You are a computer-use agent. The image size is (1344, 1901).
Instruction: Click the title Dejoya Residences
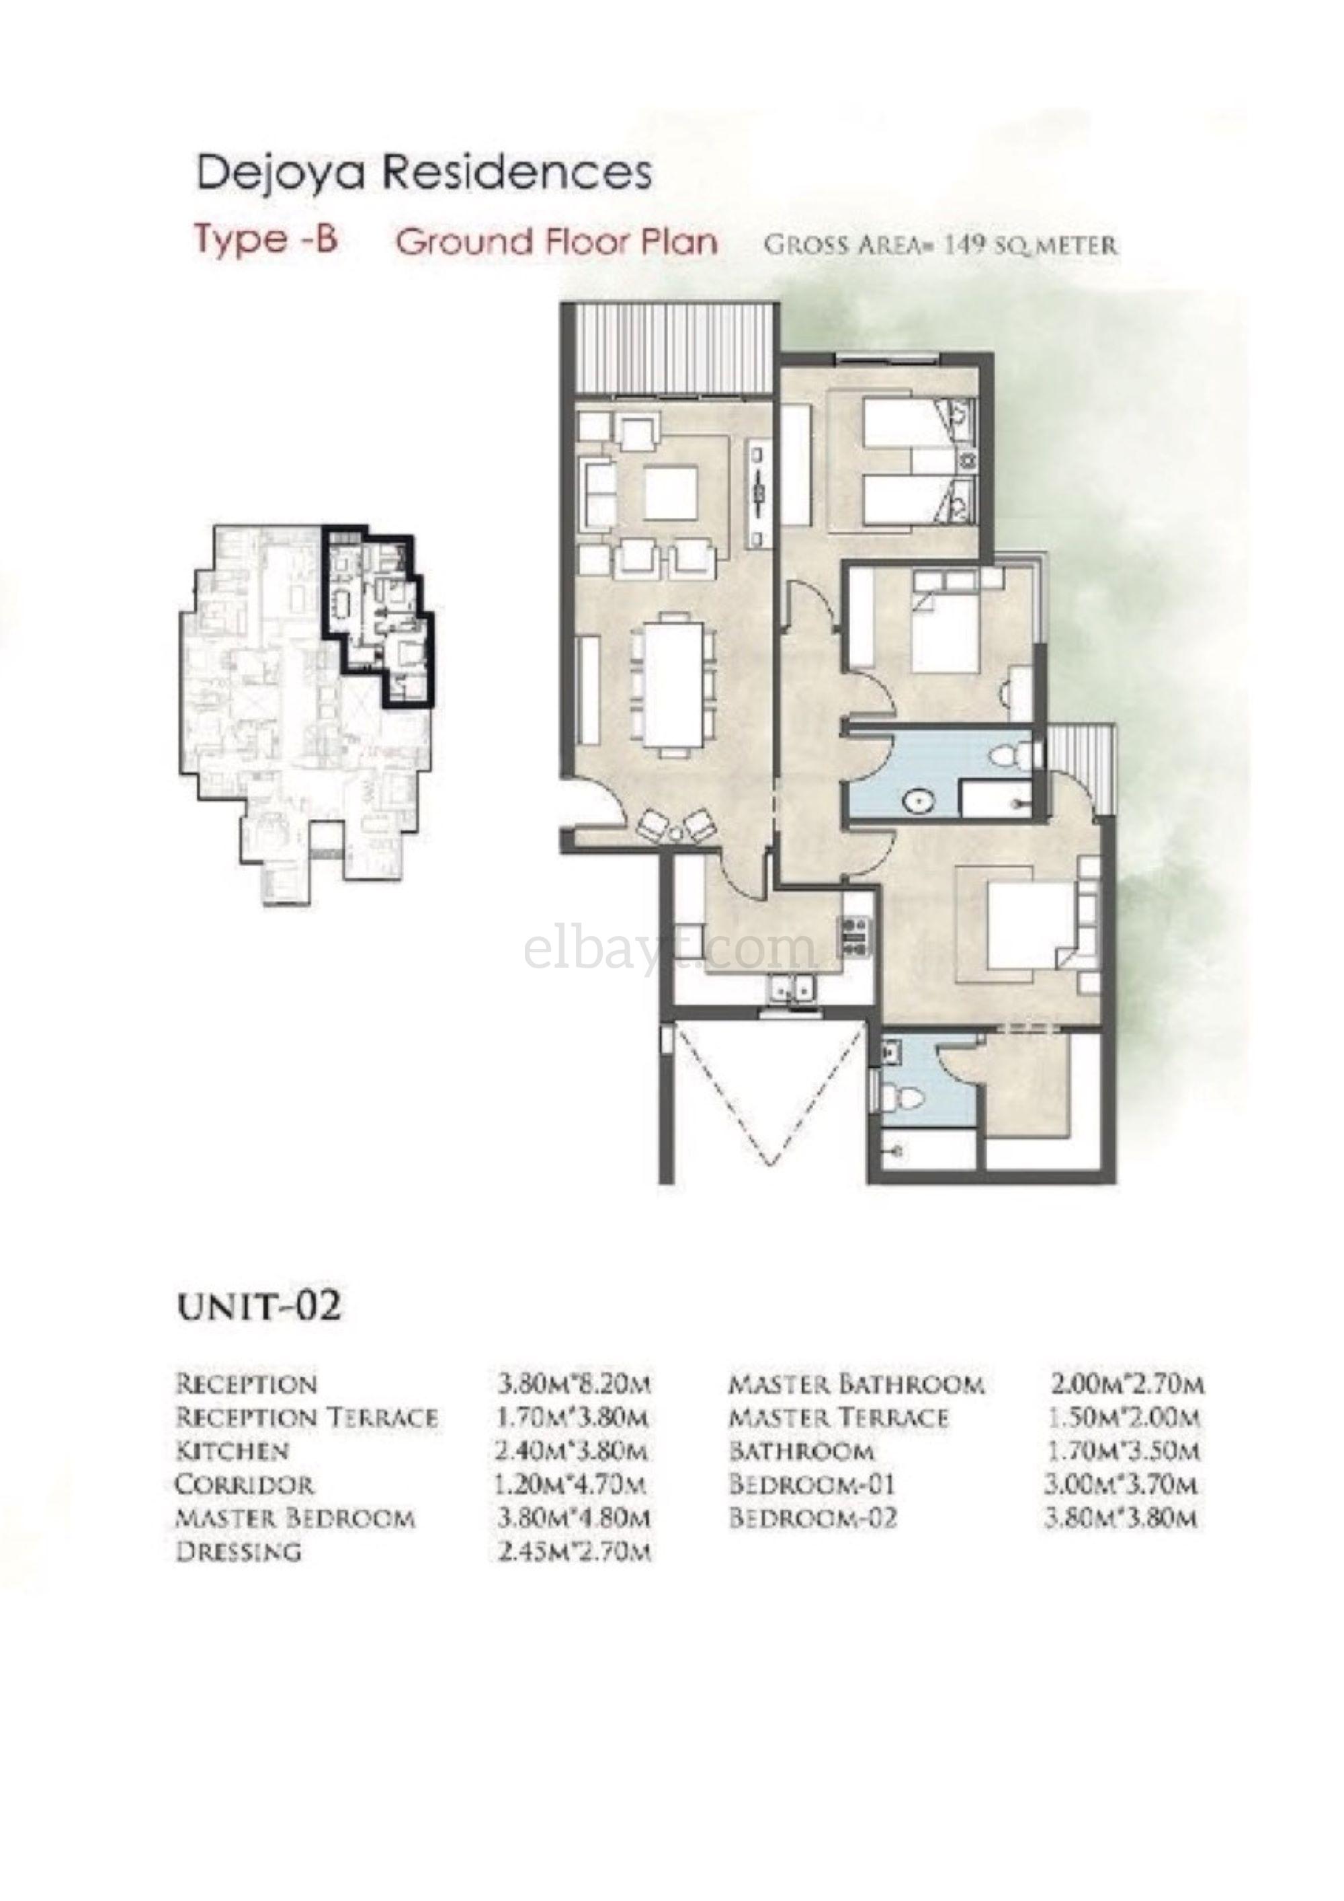pyautogui.click(x=424, y=174)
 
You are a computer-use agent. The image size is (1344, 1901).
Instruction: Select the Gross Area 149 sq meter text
pyautogui.click(x=940, y=245)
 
